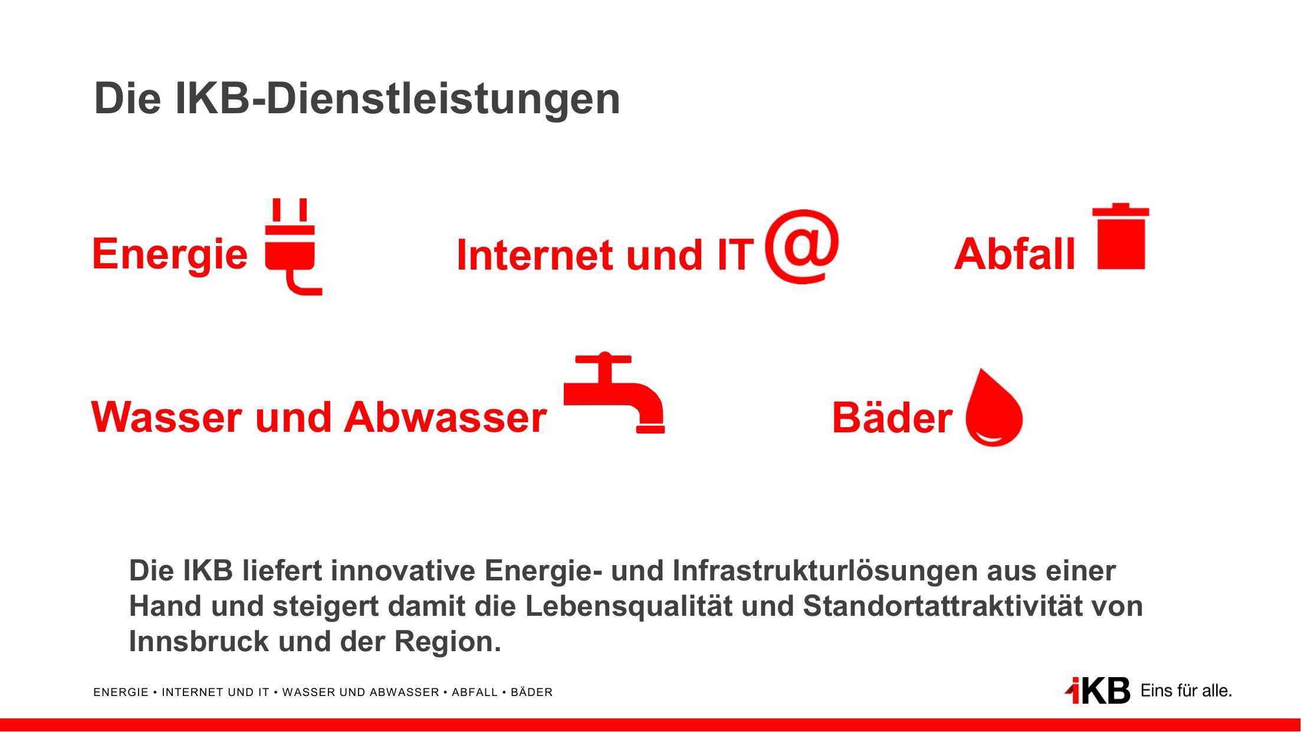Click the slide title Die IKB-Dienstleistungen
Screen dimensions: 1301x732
coord(357,99)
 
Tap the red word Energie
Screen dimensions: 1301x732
coord(170,255)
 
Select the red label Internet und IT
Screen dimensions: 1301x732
coord(605,255)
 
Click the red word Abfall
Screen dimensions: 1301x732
coord(1015,254)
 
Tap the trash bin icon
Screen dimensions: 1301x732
coord(1121,237)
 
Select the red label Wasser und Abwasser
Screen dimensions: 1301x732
coord(319,417)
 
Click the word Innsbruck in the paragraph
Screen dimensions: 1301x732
coord(199,642)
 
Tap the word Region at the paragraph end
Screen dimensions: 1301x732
coord(447,642)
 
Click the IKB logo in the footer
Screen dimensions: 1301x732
coord(1098,691)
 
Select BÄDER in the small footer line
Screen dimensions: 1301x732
coord(531,692)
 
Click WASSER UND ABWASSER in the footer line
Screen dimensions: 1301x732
coord(361,692)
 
